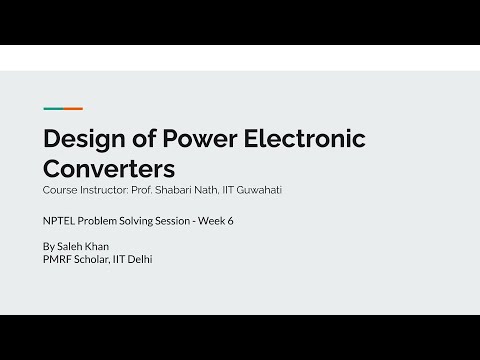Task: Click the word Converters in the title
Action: [x=109, y=168]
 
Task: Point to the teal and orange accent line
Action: [x=61, y=109]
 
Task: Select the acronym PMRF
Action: [x=59, y=261]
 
